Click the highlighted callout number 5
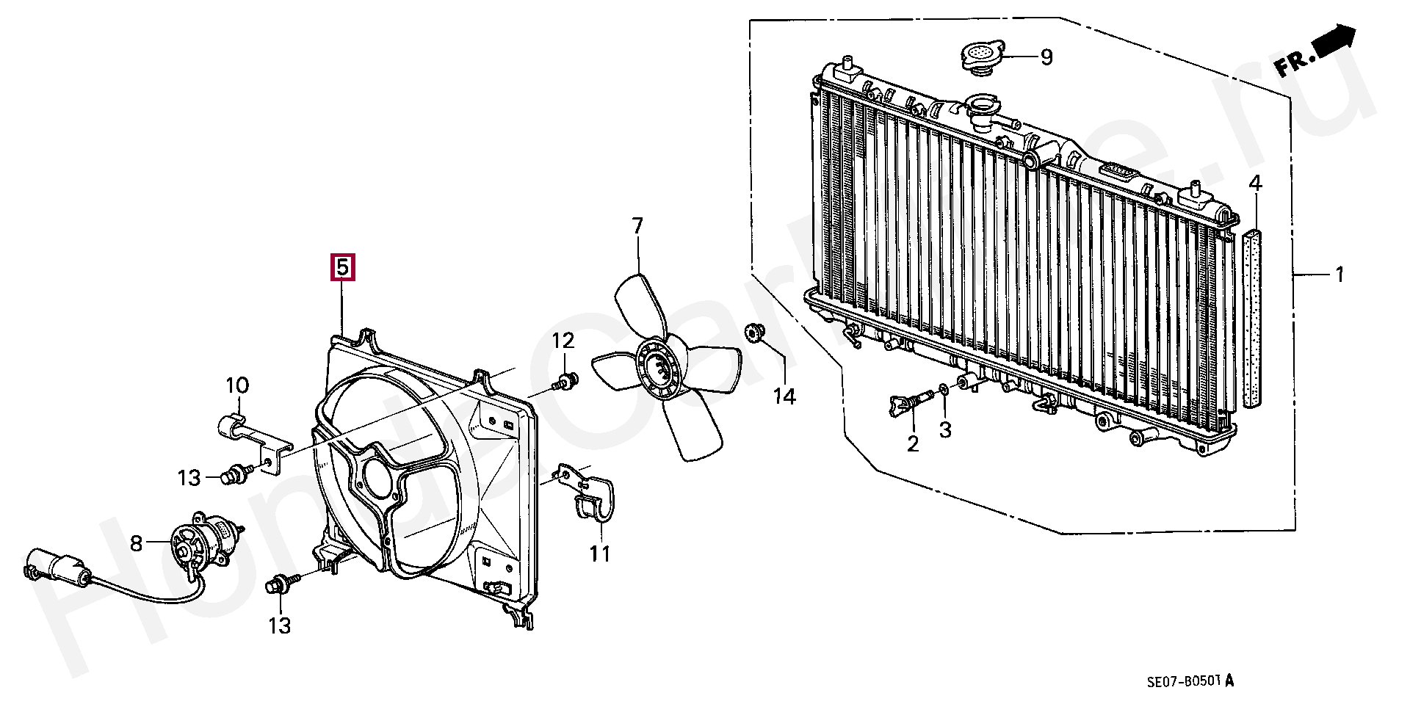pos(343,268)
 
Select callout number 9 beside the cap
pos(1046,57)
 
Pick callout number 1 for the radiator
pos(1339,275)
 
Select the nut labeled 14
pos(753,333)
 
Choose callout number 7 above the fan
pos(637,225)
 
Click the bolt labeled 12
pos(566,382)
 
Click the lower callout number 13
pos(279,625)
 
